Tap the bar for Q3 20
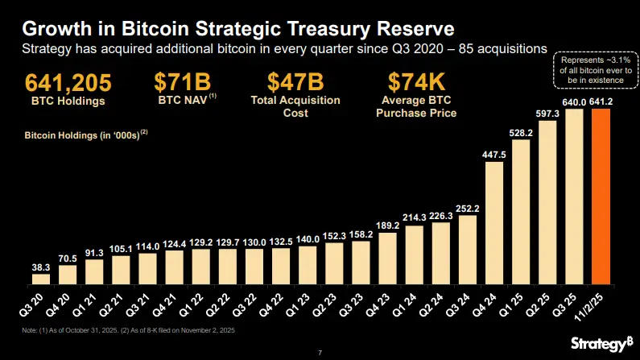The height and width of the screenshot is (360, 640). coord(40,279)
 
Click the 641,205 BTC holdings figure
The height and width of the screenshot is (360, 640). coord(68,84)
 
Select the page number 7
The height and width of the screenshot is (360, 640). coord(320,352)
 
